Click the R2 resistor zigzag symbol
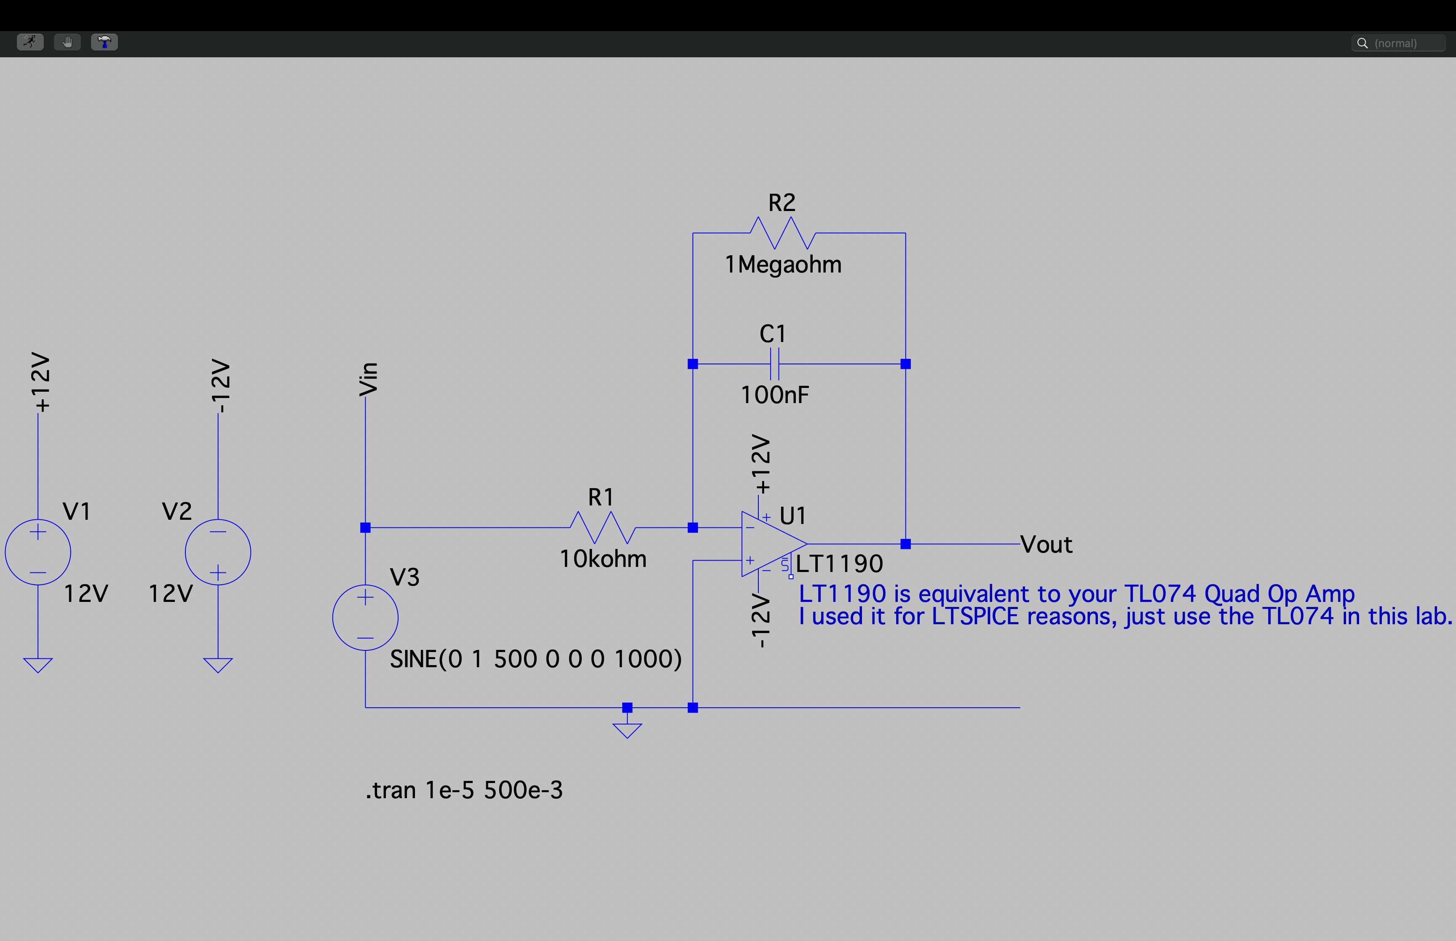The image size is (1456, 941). pos(783,233)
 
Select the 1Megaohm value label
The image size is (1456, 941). pos(783,265)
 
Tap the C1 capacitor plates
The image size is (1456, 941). pos(774,364)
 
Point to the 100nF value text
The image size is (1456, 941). pos(774,395)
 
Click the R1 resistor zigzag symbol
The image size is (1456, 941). pos(602,527)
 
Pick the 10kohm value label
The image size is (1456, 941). pos(602,559)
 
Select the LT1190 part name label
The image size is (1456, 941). pos(839,563)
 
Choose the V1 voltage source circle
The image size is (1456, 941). pos(38,552)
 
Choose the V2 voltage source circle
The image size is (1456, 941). pos(218,552)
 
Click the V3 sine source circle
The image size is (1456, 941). pos(365,617)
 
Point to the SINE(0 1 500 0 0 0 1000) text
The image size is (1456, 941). pos(535,659)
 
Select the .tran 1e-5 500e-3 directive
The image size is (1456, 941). pos(464,790)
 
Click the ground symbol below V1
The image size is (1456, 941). pos(38,665)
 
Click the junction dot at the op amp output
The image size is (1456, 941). pos(905,544)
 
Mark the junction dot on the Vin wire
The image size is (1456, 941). pos(365,527)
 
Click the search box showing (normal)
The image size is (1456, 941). pos(1398,43)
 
